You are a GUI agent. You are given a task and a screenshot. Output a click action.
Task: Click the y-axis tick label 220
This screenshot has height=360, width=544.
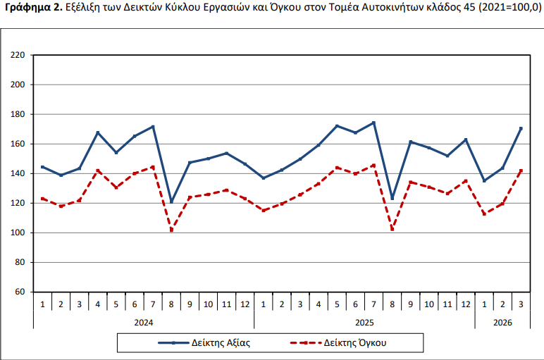click(x=18, y=55)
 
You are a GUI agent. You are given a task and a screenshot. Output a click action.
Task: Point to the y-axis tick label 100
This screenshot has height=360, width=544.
click(x=18, y=232)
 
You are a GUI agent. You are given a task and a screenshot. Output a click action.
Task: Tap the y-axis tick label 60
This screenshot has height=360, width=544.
click(x=20, y=292)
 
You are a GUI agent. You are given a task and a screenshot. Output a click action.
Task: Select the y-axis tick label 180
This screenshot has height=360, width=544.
click(x=18, y=114)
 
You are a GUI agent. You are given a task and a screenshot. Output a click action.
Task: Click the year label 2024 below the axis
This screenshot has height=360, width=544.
click(x=144, y=323)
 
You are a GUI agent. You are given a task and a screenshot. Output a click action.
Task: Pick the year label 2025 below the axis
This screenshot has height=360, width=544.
click(x=364, y=323)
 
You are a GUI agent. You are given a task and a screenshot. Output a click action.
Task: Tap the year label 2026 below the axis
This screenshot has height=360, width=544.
click(x=502, y=323)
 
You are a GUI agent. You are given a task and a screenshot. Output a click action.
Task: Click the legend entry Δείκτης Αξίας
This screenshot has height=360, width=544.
click(x=204, y=343)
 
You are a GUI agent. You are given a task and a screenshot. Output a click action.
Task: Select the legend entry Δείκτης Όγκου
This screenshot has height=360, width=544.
click(x=338, y=343)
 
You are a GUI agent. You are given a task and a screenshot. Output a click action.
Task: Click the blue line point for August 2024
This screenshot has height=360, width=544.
click(x=171, y=201)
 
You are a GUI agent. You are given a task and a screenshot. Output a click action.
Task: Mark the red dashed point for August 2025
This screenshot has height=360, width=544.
click(x=392, y=229)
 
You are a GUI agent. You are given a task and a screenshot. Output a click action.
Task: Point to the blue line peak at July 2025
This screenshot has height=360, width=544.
click(x=373, y=123)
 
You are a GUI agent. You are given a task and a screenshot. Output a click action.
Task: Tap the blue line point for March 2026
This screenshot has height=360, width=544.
click(x=521, y=129)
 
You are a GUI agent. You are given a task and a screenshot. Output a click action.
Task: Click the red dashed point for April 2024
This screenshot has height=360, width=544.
click(x=98, y=170)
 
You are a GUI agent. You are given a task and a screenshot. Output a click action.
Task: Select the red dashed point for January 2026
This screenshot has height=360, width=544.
click(x=484, y=214)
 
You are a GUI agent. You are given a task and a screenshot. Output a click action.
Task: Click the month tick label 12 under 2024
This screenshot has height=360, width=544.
click(x=245, y=304)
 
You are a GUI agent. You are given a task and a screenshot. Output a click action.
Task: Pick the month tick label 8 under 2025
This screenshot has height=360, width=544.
click(x=392, y=304)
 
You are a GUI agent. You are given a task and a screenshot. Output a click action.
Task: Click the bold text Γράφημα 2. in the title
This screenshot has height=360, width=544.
click(x=34, y=8)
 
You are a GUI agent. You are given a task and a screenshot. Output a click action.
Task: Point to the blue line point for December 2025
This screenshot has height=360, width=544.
click(x=466, y=139)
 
